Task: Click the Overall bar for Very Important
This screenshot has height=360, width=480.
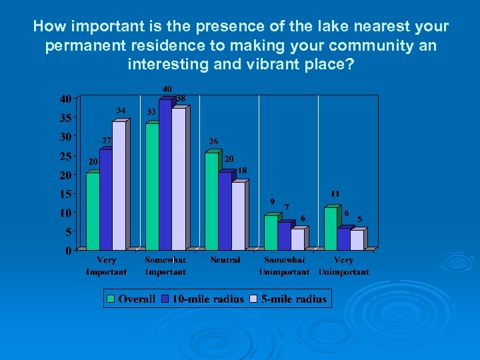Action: coord(93,211)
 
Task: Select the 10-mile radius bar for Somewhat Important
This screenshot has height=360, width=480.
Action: coord(165,175)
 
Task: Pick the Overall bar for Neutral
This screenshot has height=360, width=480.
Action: coord(211,201)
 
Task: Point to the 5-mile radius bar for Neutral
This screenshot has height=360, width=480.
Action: coord(238,215)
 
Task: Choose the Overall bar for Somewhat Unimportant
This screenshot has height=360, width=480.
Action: coord(271,232)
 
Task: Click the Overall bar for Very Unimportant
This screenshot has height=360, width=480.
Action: coord(330,228)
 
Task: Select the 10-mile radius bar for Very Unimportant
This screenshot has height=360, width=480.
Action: coord(343,239)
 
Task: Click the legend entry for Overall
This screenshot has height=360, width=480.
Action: coord(131,299)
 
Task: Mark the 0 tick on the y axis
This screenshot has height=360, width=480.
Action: coord(69,251)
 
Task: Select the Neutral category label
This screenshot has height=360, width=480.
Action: coord(225,260)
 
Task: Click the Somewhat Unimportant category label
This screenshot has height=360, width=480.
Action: coord(285,266)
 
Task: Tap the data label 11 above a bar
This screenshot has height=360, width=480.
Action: coord(335,193)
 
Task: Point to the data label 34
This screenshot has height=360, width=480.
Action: coord(121,110)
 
